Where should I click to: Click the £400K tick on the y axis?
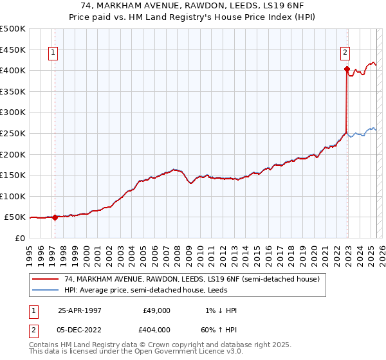pyautogui.click(x=13, y=69)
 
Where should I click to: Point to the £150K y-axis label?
pyautogui.click(x=13, y=175)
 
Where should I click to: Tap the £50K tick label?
pyautogui.click(x=15, y=217)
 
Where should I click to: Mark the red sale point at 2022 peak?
pyautogui.click(x=347, y=69)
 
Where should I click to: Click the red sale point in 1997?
pyautogui.click(x=55, y=217)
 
